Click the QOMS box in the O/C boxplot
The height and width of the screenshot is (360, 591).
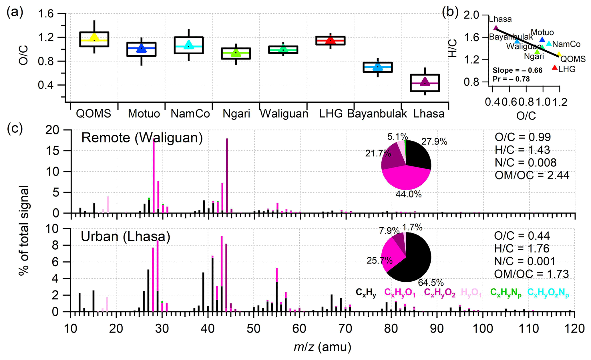point(94,39)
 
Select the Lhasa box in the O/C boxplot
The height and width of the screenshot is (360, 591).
point(425,83)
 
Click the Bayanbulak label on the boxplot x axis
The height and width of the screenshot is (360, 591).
point(377,114)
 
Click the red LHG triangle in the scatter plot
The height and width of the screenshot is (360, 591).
point(555,67)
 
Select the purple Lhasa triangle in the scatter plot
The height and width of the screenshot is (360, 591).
point(496,28)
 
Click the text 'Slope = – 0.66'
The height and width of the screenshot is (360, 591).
point(517,70)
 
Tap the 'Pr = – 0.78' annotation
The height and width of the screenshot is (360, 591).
point(511,79)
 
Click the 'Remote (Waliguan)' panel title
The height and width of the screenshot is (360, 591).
point(142,138)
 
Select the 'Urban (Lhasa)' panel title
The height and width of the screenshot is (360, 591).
point(126,236)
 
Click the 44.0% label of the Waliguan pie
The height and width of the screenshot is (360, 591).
point(409,194)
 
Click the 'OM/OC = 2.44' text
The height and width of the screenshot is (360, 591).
point(532,175)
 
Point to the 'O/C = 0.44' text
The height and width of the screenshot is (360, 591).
point(522,236)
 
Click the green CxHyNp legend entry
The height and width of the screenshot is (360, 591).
point(506,292)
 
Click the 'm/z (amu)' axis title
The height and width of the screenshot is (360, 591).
point(322,347)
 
